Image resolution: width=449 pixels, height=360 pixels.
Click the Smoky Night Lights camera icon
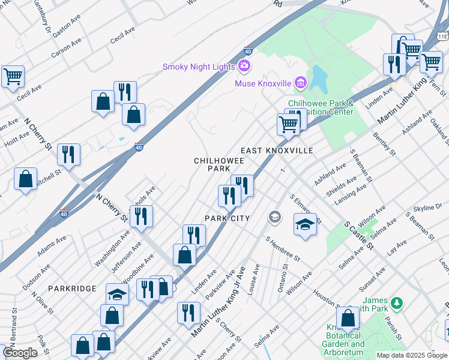tap(244, 66)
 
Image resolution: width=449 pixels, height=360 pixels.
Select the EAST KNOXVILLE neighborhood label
tap(277, 151)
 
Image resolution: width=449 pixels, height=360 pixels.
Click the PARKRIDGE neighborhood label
tap(73, 289)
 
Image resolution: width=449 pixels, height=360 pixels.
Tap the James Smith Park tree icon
tap(396, 301)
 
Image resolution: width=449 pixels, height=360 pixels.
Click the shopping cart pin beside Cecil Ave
tap(13, 77)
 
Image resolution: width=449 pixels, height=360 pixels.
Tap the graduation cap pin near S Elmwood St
tap(305, 225)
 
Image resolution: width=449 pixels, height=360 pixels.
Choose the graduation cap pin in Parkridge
tap(117, 295)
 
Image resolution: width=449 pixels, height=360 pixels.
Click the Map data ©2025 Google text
tap(412, 355)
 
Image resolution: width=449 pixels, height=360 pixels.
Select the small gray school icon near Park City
tap(275, 216)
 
